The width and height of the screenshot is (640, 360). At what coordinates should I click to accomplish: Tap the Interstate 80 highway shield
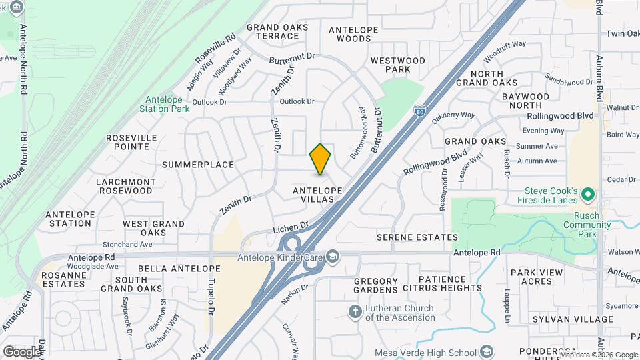419,110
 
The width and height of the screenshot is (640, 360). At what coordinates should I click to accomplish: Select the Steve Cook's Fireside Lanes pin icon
587,194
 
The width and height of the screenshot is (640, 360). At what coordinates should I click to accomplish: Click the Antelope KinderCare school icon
333,256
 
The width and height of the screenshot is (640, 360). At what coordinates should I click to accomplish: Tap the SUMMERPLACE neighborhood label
198,165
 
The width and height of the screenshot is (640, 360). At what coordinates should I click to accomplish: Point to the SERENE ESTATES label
417,237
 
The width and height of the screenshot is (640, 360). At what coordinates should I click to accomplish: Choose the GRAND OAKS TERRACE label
277,31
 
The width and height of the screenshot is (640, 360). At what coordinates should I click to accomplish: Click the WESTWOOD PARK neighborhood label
398,65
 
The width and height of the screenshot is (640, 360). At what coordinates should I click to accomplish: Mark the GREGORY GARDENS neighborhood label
375,285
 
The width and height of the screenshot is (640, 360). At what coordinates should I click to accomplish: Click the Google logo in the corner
22,351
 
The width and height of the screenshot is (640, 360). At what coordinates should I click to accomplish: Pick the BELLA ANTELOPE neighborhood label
169,268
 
